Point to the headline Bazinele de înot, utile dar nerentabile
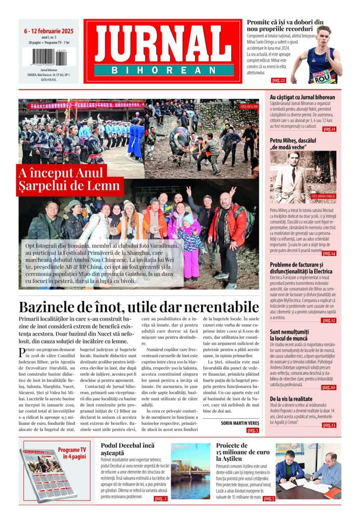(139, 307)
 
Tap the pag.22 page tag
(278, 80)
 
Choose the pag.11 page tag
(329, 129)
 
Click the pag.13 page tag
(329, 425)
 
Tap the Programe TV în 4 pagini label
(71, 454)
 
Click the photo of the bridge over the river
(190, 471)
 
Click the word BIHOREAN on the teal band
(164, 70)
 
